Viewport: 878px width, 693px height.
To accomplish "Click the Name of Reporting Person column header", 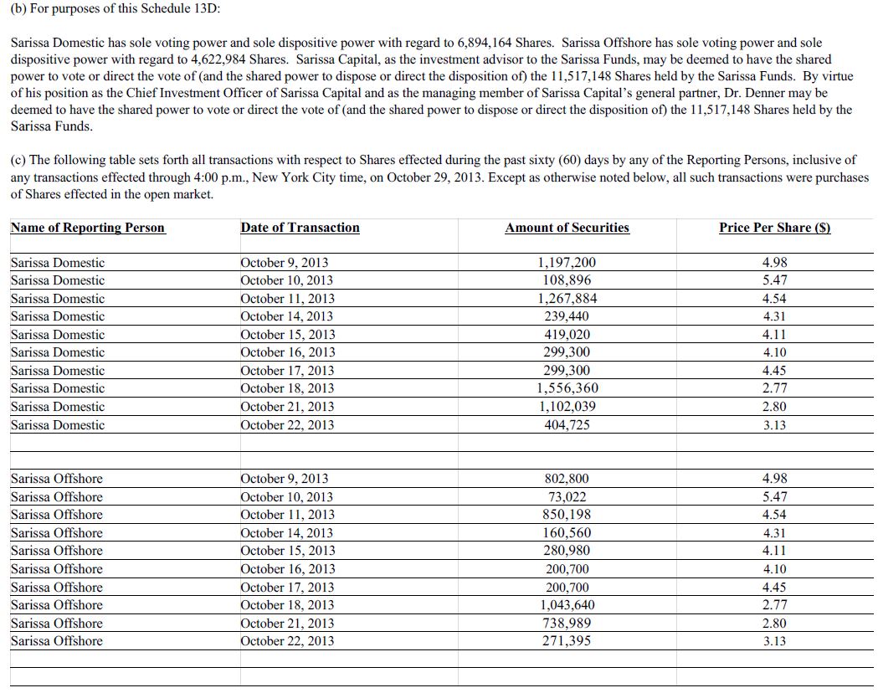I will click(x=88, y=228).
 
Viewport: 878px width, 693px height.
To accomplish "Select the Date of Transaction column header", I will click(x=300, y=228).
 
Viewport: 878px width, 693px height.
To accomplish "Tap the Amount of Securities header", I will click(x=567, y=228).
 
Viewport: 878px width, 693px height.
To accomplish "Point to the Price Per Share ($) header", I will click(x=774, y=228).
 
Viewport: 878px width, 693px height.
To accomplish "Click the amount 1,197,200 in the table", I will click(x=567, y=263).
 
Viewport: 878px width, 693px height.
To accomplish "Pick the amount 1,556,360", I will click(x=567, y=388).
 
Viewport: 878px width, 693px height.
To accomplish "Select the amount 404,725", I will click(x=567, y=425).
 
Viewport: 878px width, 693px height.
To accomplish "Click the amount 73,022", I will click(x=567, y=497).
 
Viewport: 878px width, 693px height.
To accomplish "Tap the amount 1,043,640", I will click(x=567, y=605).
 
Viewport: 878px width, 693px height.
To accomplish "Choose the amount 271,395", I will click(x=567, y=641).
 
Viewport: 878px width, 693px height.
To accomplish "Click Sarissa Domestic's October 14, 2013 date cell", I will click(x=286, y=316).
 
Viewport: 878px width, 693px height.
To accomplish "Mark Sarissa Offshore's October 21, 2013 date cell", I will click(x=286, y=624).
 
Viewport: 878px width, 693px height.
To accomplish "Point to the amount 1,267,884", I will click(x=567, y=299).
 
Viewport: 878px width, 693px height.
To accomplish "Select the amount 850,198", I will click(x=567, y=515).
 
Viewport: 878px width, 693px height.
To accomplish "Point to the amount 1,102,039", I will click(x=567, y=407).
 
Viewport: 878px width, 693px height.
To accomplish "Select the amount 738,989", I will click(x=567, y=624).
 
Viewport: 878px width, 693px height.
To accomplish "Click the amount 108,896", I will click(x=567, y=280).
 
